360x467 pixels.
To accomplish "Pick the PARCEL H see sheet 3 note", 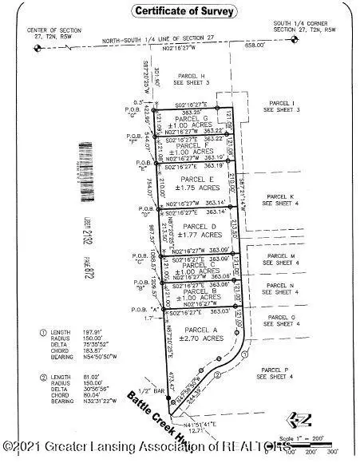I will coord(192,80).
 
